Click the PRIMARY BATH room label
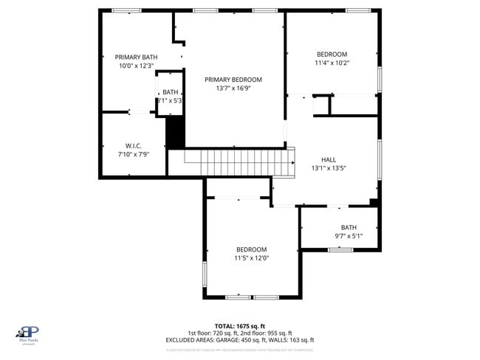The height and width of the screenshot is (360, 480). pyautogui.click(x=136, y=57)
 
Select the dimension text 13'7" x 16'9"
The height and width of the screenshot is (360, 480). pyautogui.click(x=233, y=88)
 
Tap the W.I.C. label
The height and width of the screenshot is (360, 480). pyautogui.click(x=133, y=145)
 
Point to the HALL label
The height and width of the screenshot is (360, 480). pyautogui.click(x=329, y=159)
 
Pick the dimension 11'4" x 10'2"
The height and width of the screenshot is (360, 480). pyautogui.click(x=332, y=63)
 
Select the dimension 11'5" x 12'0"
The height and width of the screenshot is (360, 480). pyautogui.click(x=251, y=258)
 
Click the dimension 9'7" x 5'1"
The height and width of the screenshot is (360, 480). pyautogui.click(x=349, y=236)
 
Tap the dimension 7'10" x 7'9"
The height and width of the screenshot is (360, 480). pyautogui.click(x=133, y=154)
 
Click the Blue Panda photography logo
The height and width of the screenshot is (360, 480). pyautogui.click(x=29, y=335)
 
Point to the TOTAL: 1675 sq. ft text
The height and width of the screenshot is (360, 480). pyautogui.click(x=240, y=325)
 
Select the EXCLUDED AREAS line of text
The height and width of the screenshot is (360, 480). pyautogui.click(x=240, y=340)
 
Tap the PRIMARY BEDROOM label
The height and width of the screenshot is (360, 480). pyautogui.click(x=233, y=79)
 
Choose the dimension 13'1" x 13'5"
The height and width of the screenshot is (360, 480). pyautogui.click(x=329, y=168)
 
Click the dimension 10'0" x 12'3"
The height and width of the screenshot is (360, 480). pyautogui.click(x=136, y=66)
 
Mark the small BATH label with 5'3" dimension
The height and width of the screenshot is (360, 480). pyautogui.click(x=171, y=92)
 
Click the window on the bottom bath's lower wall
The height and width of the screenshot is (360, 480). pyautogui.click(x=340, y=249)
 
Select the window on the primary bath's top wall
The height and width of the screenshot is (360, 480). pyautogui.click(x=127, y=10)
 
